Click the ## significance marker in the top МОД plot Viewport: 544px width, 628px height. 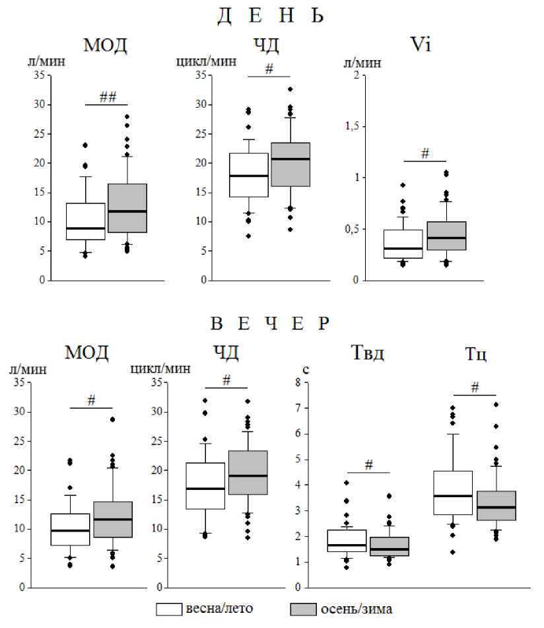(108, 97)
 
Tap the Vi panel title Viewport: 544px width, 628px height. (420, 46)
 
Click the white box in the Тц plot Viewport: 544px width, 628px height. (452, 493)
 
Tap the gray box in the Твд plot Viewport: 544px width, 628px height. (390, 546)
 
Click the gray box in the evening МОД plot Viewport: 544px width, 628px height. (113, 519)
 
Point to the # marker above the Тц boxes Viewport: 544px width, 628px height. (475, 388)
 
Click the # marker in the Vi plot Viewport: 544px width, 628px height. (425, 154)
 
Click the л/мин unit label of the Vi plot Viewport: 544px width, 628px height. (361, 63)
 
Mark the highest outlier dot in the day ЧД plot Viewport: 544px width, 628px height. (290, 89)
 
